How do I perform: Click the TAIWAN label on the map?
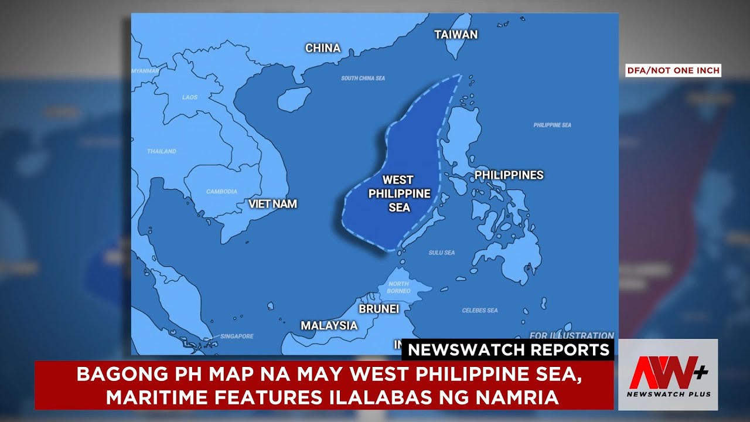point(456,35)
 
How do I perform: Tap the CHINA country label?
point(323,48)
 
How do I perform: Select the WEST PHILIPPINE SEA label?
point(399,193)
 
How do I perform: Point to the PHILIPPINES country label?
point(509,175)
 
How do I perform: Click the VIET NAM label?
point(272,204)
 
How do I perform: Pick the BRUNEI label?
point(379,308)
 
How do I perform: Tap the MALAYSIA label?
point(329,325)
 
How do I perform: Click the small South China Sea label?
point(363,78)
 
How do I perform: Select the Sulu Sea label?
point(441,253)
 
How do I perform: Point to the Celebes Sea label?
point(480,310)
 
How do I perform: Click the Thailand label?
point(161,151)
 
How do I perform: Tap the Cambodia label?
point(221,192)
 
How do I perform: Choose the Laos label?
point(190,97)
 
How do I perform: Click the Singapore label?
point(237,336)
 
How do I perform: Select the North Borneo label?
point(398,287)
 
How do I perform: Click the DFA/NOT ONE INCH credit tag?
point(673,70)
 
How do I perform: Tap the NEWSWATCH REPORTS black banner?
point(508,350)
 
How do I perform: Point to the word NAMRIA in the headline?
point(517,397)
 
